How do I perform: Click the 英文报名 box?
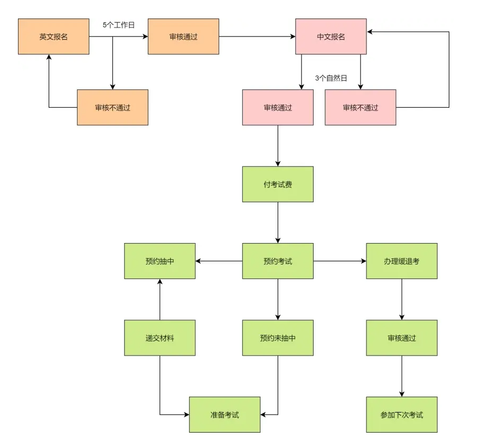[x=53, y=36]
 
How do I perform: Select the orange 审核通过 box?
[x=183, y=36]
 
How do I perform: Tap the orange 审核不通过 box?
[x=112, y=107]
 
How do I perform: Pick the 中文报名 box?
[x=331, y=36]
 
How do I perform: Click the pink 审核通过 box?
[x=278, y=107]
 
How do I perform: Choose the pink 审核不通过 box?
[x=360, y=107]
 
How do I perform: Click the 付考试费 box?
[x=278, y=184]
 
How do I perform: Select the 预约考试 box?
[x=278, y=261]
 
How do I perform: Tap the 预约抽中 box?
[x=159, y=261]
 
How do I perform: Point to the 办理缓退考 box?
[x=402, y=261]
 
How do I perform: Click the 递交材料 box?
[x=159, y=338]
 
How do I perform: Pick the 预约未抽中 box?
[x=278, y=338]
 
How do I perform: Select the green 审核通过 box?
[x=402, y=338]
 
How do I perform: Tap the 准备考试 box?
[x=224, y=415]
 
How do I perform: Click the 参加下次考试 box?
[x=402, y=415]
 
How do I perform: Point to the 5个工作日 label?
[x=119, y=24]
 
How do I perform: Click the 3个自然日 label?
[x=331, y=78]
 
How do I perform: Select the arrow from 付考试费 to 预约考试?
[x=278, y=222]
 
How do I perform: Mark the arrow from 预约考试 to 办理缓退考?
[x=340, y=261]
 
